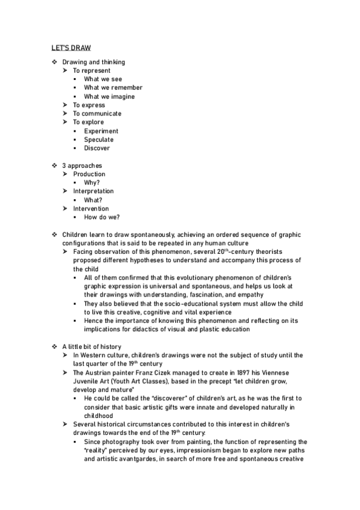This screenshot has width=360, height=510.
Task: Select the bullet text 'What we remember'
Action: click(x=113, y=88)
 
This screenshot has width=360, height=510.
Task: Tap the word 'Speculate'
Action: click(x=99, y=140)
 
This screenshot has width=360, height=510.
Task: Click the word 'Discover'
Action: click(x=97, y=149)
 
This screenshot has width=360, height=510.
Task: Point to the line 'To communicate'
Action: click(x=97, y=114)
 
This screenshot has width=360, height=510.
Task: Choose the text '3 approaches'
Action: click(x=82, y=165)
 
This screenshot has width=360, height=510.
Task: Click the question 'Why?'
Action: click(x=92, y=183)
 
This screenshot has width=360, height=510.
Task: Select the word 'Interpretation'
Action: click(x=93, y=191)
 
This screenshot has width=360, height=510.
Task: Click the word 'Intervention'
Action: click(x=91, y=209)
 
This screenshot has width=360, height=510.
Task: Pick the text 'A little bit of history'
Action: click(x=91, y=346)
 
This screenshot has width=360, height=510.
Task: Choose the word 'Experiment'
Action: click(x=101, y=131)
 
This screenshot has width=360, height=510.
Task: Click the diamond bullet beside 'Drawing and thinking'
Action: click(x=54, y=62)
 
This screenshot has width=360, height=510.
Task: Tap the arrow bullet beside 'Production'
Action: click(x=66, y=174)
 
